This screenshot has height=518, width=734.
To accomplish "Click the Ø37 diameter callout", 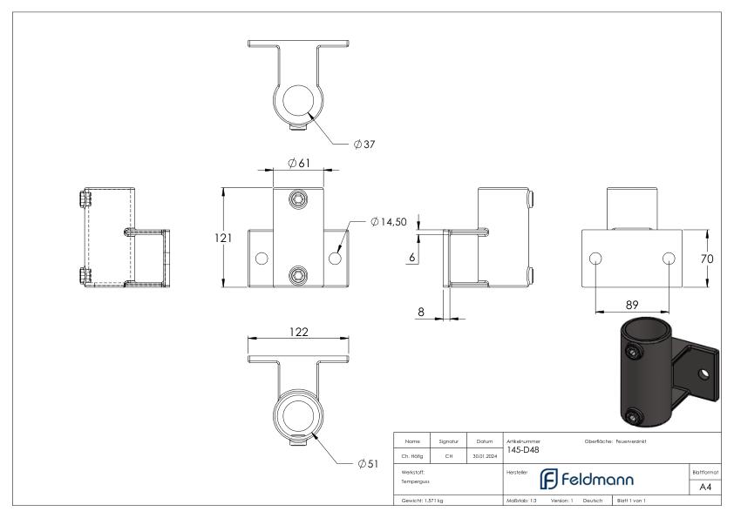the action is pos(364,145).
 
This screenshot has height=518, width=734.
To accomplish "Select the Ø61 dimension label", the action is pos(299,163).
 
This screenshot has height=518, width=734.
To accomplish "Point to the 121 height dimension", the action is pos(223,238).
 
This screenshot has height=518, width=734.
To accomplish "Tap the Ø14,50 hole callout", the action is pos(389,222).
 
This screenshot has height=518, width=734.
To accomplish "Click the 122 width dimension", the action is pos(299,332).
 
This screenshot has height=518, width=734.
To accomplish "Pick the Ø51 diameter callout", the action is pos(368,464).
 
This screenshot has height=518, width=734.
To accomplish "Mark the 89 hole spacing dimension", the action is pos(632,306).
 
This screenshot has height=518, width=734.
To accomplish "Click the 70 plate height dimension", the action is pos(707,259).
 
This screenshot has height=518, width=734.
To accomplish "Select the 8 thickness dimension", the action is pos(421,312).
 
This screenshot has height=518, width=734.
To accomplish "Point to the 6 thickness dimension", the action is pos(412,257).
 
